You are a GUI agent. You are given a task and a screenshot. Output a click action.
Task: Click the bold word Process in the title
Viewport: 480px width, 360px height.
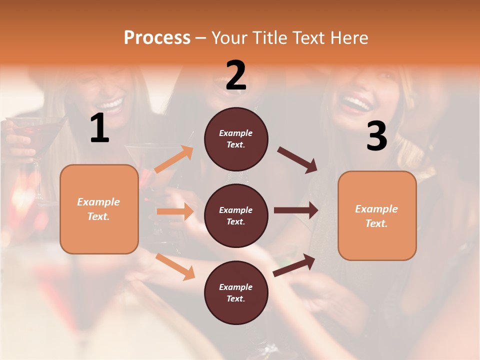(157, 38)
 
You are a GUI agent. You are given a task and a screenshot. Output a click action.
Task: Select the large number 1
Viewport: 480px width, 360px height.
(99, 128)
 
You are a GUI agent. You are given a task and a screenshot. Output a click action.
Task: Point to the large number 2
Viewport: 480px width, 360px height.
(236, 75)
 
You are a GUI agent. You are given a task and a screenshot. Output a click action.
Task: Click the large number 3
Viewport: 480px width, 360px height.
(376, 136)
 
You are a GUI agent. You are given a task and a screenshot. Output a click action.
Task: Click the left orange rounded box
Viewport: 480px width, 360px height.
(99, 209)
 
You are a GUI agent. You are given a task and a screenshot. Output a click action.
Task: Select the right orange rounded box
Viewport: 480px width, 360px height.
(377, 215)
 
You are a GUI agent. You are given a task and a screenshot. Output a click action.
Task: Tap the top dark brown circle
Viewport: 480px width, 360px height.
(236, 139)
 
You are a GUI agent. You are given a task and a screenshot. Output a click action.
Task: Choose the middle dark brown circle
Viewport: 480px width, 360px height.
(236, 215)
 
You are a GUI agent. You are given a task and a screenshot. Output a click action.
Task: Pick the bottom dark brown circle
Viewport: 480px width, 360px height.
(236, 292)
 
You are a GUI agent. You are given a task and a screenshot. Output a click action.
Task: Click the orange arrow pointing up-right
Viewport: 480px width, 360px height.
(174, 159)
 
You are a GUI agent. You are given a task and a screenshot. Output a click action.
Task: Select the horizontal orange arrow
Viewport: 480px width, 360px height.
(175, 211)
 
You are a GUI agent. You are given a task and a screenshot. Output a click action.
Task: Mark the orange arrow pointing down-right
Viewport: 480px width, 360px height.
(175, 266)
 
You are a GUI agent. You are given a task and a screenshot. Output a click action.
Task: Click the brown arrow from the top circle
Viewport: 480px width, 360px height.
(297, 159)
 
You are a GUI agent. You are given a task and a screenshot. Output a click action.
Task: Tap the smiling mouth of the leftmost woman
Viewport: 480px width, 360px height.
(111, 105)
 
